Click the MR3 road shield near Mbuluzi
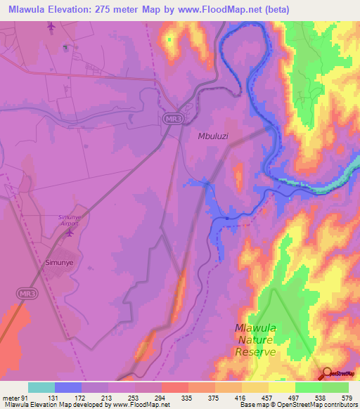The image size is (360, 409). [x=172, y=119]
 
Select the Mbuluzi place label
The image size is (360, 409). [x=216, y=138]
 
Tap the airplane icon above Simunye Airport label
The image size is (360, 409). [x=69, y=233]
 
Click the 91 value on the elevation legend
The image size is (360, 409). [x=25, y=398]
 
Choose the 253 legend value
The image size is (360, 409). [x=132, y=398]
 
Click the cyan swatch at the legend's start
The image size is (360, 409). [x=41, y=387]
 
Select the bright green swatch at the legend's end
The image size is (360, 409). [x=335, y=387]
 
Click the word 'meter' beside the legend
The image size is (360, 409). [x=10, y=398]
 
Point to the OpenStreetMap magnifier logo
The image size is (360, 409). [x=327, y=373]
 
